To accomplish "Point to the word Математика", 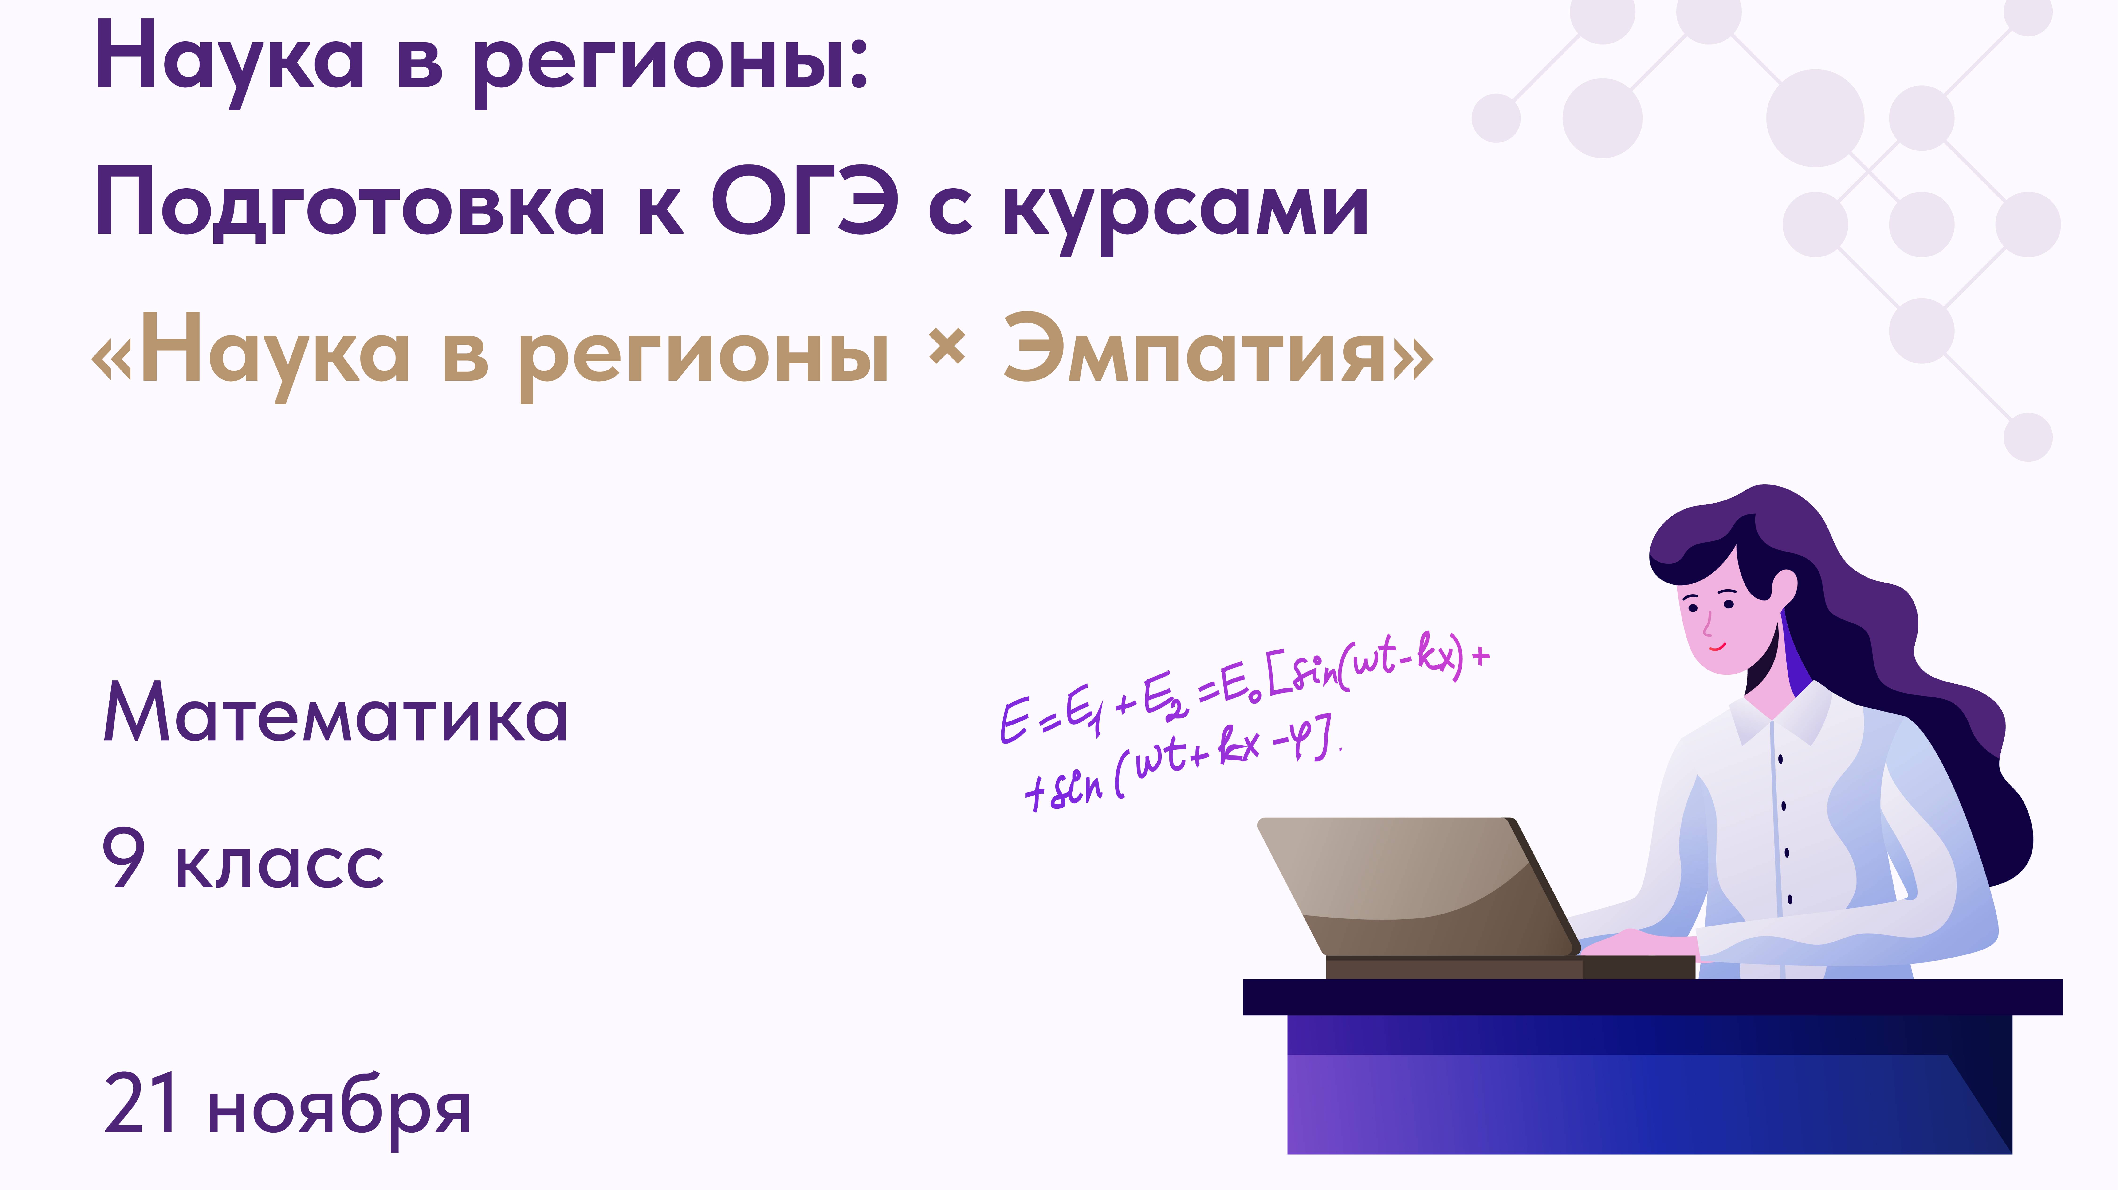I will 335,714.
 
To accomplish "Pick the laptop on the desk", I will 1414,892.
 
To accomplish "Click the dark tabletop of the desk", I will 1653,997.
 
